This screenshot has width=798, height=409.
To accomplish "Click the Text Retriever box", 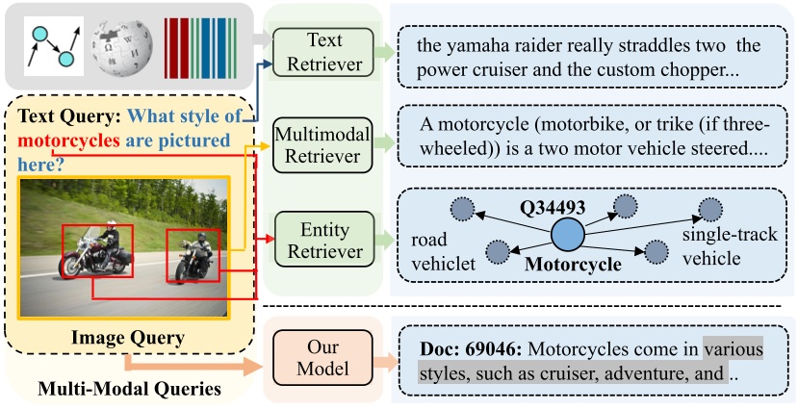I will pos(318,50).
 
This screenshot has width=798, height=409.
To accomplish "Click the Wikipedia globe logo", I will pos(119,43).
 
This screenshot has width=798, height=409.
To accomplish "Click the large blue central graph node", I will pos(567,235).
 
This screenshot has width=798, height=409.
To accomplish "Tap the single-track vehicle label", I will pos(730,244).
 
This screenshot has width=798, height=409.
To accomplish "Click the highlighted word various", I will pos(733,348).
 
